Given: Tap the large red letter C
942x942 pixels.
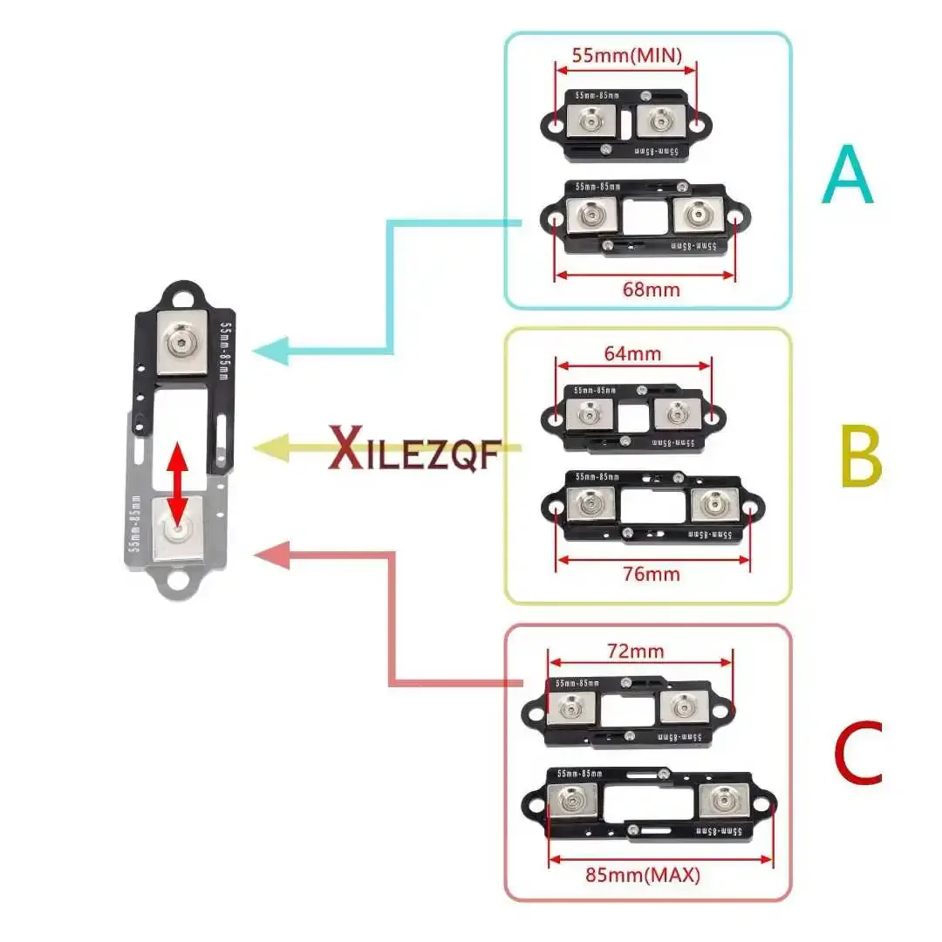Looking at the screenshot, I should [857, 753].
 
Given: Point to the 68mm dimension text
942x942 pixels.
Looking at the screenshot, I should [646, 289].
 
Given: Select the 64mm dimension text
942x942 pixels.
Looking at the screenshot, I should [633, 353].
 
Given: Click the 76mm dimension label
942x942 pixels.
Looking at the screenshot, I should [652, 573].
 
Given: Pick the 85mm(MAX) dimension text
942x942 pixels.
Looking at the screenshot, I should [656, 874].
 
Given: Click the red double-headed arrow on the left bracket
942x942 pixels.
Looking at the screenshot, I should [177, 485].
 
